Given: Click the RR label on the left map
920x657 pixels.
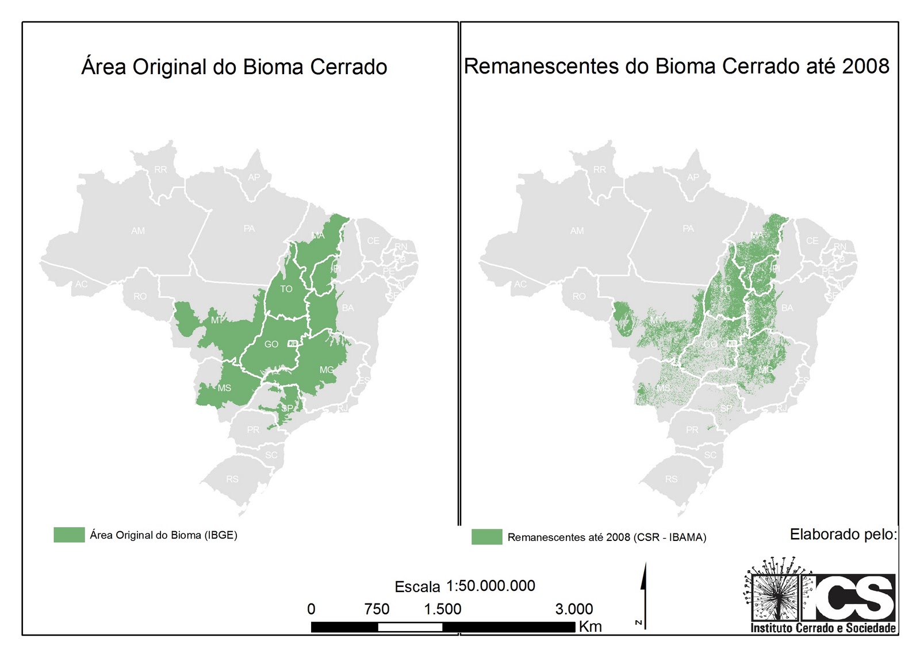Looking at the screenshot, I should pyautogui.click(x=161, y=170).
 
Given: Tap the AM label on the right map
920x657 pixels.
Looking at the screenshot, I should pyautogui.click(x=577, y=230).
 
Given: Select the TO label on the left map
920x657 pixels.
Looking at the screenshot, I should pyautogui.click(x=286, y=289).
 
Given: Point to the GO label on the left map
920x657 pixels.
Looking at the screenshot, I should pyautogui.click(x=271, y=344).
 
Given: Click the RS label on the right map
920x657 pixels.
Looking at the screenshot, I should pyautogui.click(x=671, y=479).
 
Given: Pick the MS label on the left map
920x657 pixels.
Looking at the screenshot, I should pyautogui.click(x=224, y=388).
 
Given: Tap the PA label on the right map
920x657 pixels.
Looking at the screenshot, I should pyautogui.click(x=688, y=228).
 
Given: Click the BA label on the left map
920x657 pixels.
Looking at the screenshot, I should pyautogui.click(x=348, y=308).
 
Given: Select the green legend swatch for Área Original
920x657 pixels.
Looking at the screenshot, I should pyautogui.click(x=69, y=535).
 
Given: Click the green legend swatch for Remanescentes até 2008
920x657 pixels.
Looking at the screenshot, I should pyautogui.click(x=486, y=537).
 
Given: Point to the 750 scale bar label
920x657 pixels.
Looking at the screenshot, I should pyautogui.click(x=377, y=609).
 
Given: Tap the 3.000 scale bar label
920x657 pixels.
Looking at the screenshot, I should pyautogui.click(x=574, y=609).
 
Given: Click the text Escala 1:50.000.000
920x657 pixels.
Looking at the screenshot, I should pyautogui.click(x=465, y=586).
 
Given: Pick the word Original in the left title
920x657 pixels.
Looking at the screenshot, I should pyautogui.click(x=169, y=67).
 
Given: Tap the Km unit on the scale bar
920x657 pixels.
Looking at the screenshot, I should pyautogui.click(x=590, y=626).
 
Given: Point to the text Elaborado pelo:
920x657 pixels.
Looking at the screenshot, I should pyautogui.click(x=843, y=534).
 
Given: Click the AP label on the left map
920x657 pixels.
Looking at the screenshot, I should pyautogui.click(x=254, y=177).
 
